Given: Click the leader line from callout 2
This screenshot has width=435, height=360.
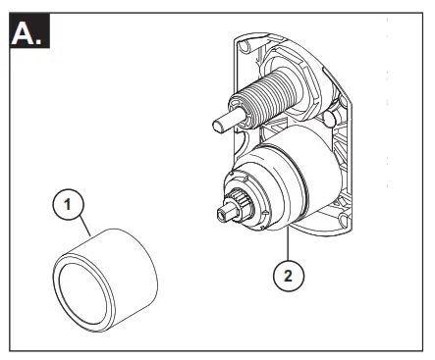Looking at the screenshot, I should pyautogui.click(x=289, y=245).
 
